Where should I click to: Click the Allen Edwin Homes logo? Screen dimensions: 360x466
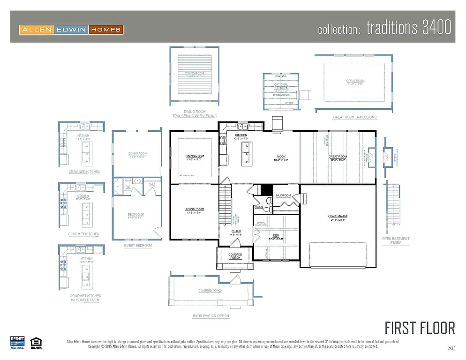71,30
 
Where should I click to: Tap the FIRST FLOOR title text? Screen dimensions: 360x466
420,328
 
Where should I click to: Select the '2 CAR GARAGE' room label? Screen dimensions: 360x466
338,217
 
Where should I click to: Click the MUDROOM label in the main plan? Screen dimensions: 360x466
283,195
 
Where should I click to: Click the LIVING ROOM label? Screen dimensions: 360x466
195,209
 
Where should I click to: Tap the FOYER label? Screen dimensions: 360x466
236,231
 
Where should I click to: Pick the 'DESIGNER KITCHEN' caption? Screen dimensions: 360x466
84,172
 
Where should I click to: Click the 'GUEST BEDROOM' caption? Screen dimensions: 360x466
138,246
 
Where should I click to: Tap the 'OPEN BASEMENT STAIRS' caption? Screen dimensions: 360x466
396,240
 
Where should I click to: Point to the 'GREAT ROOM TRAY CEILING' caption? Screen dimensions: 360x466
354,117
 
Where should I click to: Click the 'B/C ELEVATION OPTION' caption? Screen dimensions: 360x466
211,316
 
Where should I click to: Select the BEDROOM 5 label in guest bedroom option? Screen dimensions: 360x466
137,215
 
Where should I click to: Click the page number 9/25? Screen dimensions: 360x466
451,348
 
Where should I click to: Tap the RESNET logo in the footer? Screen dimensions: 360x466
17,342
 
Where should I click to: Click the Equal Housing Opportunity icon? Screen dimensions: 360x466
34,342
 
